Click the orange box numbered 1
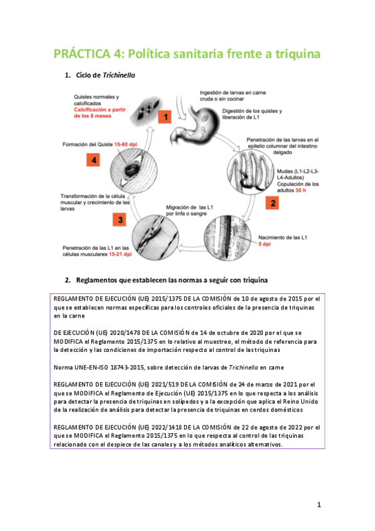pyautogui.click(x=165, y=117)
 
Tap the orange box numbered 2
pyautogui.click(x=272, y=203)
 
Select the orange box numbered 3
pyautogui.click(x=120, y=219)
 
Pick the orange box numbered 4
pyautogui.click(x=93, y=160)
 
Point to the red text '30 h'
pyautogui.click(x=301, y=190)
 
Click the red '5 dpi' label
pyautogui.click(x=265, y=244)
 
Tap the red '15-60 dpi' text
pyautogui.click(x=126, y=144)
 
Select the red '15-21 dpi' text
pyautogui.click(x=120, y=254)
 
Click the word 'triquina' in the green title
pyautogui.click(x=297, y=54)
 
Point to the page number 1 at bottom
pyautogui.click(x=319, y=505)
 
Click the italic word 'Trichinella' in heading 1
pyautogui.click(x=119, y=75)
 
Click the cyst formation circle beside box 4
pyautogui.click(x=134, y=170)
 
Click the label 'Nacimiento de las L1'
pyautogui.click(x=282, y=238)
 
